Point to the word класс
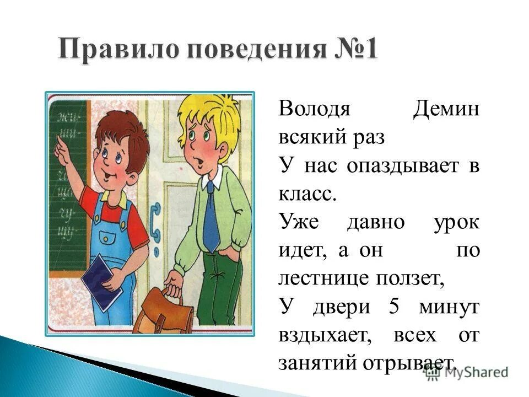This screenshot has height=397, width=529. (306, 194)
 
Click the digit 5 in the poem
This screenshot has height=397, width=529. (393, 307)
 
